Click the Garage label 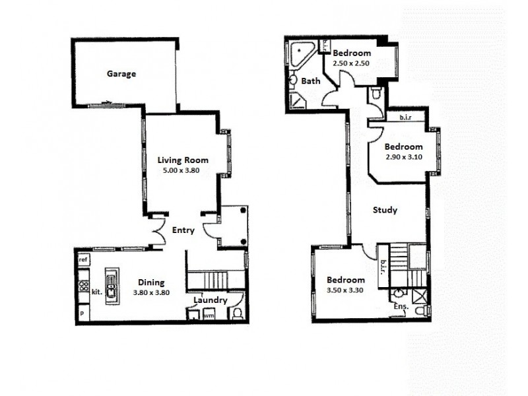point(121,74)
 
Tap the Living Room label point(183,160)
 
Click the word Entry point(183,230)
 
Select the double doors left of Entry point(156,230)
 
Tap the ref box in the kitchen point(83,260)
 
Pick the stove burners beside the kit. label point(84,286)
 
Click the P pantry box point(82,313)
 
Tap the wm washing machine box point(209,315)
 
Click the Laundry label point(211,300)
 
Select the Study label point(385,211)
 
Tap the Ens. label point(401,307)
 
